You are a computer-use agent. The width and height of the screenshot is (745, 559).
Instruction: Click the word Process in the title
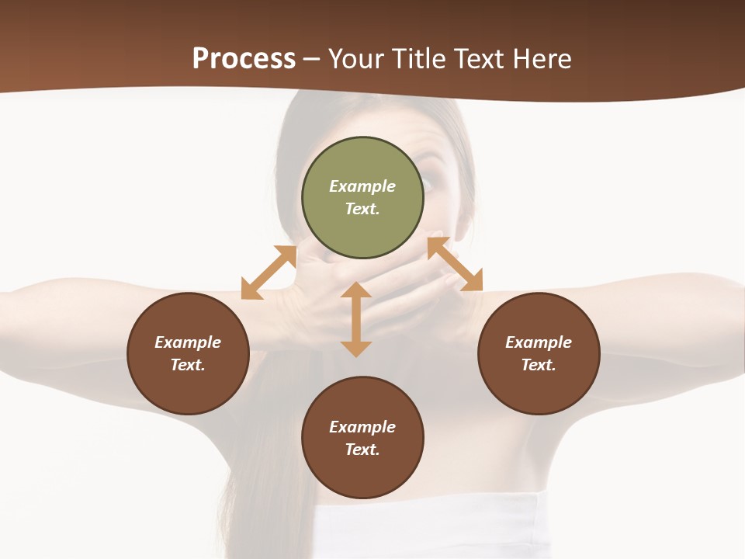pyautogui.click(x=244, y=59)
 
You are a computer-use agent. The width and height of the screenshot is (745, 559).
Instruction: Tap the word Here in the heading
pyautogui.click(x=542, y=59)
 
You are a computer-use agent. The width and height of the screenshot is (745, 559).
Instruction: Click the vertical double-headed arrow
pyautogui.click(x=356, y=320)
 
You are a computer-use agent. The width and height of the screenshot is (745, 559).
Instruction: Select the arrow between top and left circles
pyautogui.click(x=269, y=272)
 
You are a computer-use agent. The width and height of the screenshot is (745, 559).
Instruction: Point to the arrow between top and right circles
pyautogui.click(x=455, y=265)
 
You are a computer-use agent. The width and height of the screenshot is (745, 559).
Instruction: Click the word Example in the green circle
pyautogui.click(x=362, y=186)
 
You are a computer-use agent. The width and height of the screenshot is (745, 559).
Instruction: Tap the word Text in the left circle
pyautogui.click(x=188, y=365)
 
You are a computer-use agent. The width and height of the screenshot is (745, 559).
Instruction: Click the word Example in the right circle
pyautogui.click(x=539, y=342)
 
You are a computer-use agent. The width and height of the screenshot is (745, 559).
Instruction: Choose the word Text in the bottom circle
pyautogui.click(x=362, y=450)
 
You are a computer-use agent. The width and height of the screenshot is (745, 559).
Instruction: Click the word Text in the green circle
pyautogui.click(x=362, y=209)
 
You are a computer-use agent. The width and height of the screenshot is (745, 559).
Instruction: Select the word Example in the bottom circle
pyautogui.click(x=362, y=427)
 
